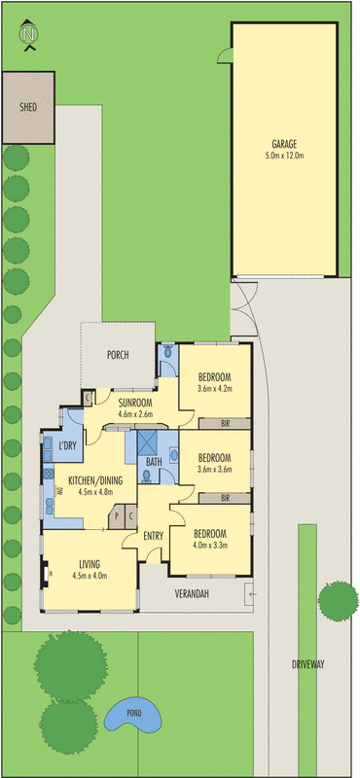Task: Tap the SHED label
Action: [x=28, y=105]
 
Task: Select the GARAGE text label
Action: [x=284, y=142]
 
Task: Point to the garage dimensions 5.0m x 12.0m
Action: [x=284, y=155]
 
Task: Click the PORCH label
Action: [x=119, y=355]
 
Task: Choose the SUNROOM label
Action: [x=135, y=401]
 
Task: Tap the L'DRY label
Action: [x=68, y=445]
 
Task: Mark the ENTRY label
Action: [x=154, y=536]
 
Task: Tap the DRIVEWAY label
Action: [x=307, y=665]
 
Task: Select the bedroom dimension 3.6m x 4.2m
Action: [x=214, y=389]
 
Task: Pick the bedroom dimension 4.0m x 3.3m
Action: [x=209, y=546]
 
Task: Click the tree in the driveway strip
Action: [x=339, y=602]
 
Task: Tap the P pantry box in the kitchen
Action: [x=116, y=516]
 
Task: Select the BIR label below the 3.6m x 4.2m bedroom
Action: [x=225, y=423]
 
